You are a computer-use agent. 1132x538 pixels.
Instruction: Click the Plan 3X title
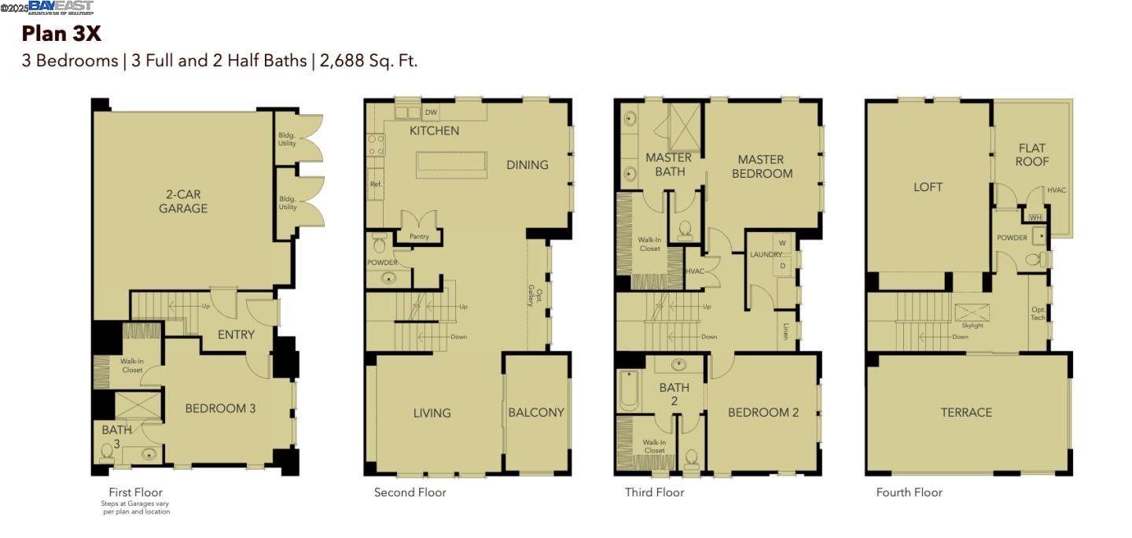pyautogui.click(x=61, y=34)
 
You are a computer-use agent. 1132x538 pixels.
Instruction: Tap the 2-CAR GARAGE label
pyautogui.click(x=183, y=201)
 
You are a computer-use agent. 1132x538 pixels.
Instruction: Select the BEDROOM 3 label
pyautogui.click(x=220, y=408)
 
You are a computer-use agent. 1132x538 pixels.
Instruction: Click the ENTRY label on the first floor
pyautogui.click(x=236, y=334)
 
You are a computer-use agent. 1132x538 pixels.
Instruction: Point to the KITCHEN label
pyautogui.click(x=434, y=131)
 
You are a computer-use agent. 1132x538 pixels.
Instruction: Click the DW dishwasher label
pyautogui.click(x=431, y=112)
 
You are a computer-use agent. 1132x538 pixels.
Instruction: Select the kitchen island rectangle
pyautogui.click(x=451, y=164)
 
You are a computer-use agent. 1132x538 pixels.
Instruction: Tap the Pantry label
pyautogui.click(x=419, y=235)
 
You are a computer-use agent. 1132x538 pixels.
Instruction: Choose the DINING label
pyautogui.click(x=527, y=164)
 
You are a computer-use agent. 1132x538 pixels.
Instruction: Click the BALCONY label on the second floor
pyautogui.click(x=536, y=412)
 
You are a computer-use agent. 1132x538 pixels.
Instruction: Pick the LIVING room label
pyautogui.click(x=432, y=412)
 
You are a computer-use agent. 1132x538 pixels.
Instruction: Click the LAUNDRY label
pyautogui.click(x=765, y=255)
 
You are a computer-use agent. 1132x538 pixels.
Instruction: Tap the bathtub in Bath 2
pyautogui.click(x=628, y=391)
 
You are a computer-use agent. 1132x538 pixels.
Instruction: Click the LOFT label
pyautogui.click(x=928, y=187)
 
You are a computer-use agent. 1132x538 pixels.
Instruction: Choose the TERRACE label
pyautogui.click(x=966, y=412)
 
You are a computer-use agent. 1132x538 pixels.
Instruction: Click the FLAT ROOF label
pyautogui.click(x=1032, y=155)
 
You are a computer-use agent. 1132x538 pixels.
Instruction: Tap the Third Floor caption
pyautogui.click(x=654, y=492)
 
